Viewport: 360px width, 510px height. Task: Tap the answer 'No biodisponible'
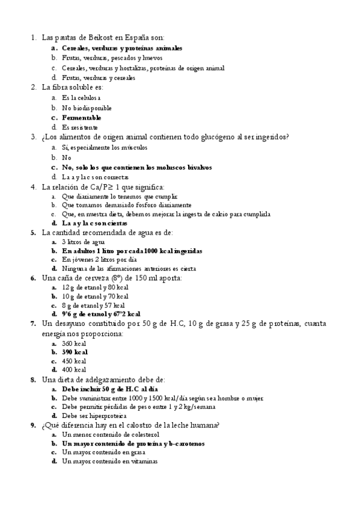click(x=87, y=108)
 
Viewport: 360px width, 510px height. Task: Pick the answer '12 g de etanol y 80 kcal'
click(x=95, y=287)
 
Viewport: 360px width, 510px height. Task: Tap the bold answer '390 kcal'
click(x=75, y=352)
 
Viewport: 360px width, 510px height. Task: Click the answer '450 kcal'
click(x=75, y=361)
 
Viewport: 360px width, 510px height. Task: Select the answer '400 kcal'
click(x=75, y=370)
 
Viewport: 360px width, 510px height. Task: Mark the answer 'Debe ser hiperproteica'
click(x=94, y=416)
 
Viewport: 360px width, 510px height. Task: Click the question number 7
click(x=33, y=324)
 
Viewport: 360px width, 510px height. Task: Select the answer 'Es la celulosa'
click(x=81, y=97)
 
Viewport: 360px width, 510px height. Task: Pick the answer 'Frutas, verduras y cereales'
click(x=98, y=78)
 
